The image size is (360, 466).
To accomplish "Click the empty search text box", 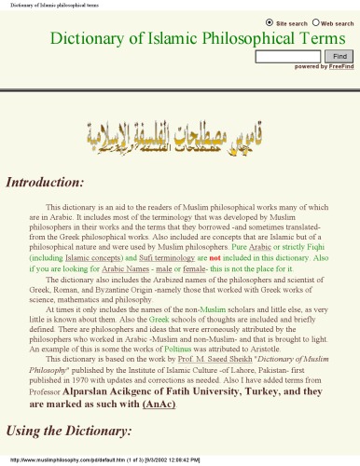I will pyautogui.click(x=287, y=56).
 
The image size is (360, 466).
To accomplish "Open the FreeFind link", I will pyautogui.click(x=341, y=67).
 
